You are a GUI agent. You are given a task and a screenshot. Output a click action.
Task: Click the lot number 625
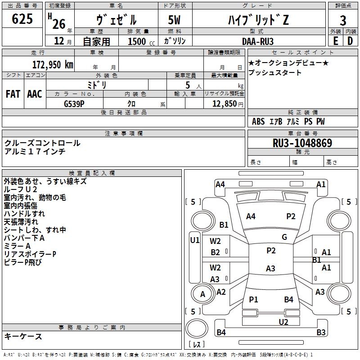pyautogui.click(x=22, y=18)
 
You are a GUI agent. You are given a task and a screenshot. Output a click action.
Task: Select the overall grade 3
pyautogui.click(x=343, y=20)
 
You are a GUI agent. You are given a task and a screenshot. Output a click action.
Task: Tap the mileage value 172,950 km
pyautogui.click(x=53, y=65)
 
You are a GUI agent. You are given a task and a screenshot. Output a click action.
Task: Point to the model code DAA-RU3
pyautogui.click(x=257, y=41)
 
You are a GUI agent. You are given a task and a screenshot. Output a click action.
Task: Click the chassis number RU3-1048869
pyautogui.click(x=302, y=143)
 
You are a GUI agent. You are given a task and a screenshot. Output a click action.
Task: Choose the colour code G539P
pyautogui.click(x=74, y=104)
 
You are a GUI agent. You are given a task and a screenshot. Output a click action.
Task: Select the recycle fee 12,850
pyautogui.click(x=224, y=104)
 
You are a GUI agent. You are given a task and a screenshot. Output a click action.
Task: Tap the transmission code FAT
pyautogui.click(x=13, y=94)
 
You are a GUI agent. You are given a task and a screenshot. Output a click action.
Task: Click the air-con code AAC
pyautogui.click(x=35, y=94)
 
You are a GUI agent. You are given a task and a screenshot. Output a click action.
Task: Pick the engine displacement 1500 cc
pyautogui.click(x=141, y=41)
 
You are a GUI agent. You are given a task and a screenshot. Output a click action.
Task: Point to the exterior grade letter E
pyautogui.click(x=335, y=41)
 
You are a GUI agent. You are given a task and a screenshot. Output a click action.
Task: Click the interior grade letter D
pyautogui.click(x=350, y=41)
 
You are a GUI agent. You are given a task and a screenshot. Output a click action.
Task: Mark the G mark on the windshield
pyautogui.click(x=284, y=237)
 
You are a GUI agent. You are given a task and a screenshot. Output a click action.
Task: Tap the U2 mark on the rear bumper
pyautogui.click(x=283, y=322)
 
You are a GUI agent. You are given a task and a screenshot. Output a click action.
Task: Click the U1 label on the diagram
pyautogui.click(x=195, y=240)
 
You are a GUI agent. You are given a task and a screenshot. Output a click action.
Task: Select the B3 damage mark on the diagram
pyautogui.click(x=321, y=332)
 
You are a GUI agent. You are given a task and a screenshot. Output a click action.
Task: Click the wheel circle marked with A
pyautogui.click(x=202, y=294)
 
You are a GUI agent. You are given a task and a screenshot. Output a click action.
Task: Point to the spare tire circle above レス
pyautogui.click(x=197, y=328)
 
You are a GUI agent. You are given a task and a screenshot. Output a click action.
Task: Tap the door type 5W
pyautogui.click(x=175, y=20)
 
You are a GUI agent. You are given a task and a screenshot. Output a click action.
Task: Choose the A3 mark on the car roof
pyautogui.click(x=270, y=268)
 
